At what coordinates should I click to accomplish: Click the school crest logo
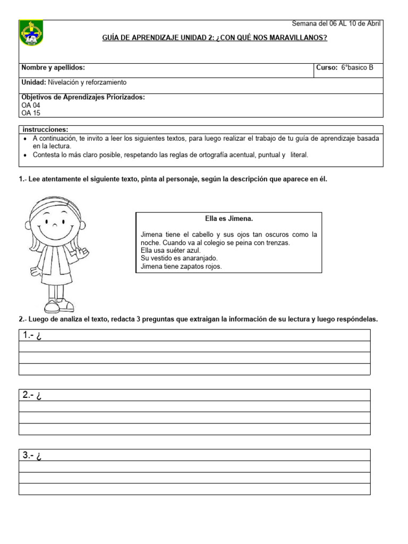31,33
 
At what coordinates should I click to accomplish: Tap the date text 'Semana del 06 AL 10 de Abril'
336,23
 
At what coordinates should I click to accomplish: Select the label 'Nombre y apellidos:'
53,68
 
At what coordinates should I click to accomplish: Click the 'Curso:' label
327,68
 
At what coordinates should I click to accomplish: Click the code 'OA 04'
30,105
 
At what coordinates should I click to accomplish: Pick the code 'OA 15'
30,113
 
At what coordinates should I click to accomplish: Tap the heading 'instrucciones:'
45,130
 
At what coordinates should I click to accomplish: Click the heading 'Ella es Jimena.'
229,218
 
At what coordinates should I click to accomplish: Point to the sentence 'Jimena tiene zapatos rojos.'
181,267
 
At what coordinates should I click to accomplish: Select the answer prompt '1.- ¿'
32,335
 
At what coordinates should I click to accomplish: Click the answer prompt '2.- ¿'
32,395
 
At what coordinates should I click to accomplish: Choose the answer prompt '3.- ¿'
32,455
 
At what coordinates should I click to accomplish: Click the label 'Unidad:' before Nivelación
33,82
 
